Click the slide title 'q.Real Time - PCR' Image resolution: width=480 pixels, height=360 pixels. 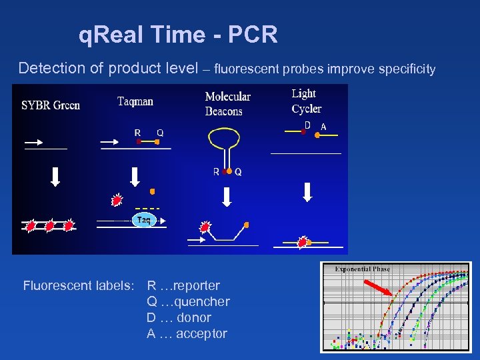click(178, 35)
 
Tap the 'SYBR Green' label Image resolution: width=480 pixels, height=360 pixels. click(51, 105)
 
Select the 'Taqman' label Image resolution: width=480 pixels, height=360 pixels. click(135, 101)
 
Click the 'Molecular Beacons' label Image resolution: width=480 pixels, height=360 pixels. click(228, 104)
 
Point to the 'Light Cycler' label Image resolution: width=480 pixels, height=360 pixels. click(306, 101)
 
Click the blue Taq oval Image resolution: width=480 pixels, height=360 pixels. click(143, 219)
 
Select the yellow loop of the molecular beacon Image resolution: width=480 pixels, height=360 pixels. click(227, 137)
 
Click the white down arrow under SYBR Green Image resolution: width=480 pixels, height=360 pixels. click(55, 175)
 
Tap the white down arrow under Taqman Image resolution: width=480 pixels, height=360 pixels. click(135, 176)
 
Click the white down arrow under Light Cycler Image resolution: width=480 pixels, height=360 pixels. click(307, 191)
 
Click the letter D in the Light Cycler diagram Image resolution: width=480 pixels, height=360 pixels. click(307, 125)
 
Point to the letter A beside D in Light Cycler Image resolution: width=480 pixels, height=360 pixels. click(323, 126)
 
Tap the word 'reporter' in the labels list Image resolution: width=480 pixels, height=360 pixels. click(196, 286)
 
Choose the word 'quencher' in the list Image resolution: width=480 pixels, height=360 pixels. click(201, 302)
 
